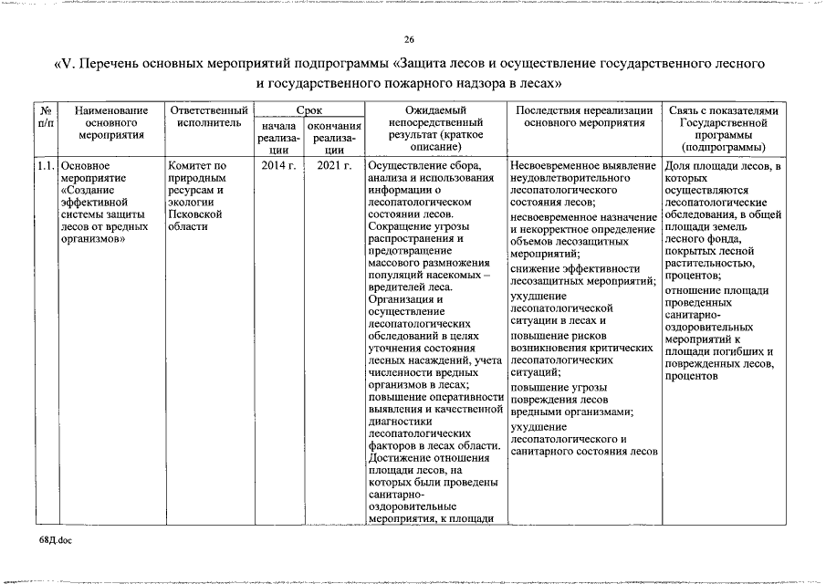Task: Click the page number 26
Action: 410,39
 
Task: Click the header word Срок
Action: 308,109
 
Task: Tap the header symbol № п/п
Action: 46,116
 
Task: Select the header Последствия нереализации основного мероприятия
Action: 583,116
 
